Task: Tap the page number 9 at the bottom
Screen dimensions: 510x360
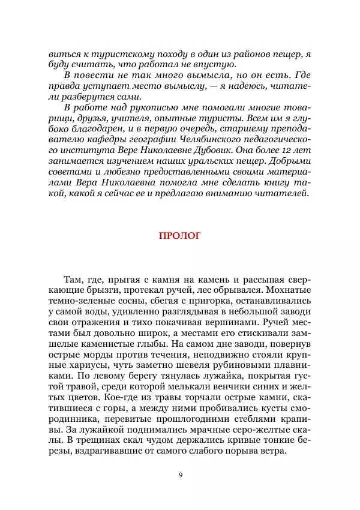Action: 180,476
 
